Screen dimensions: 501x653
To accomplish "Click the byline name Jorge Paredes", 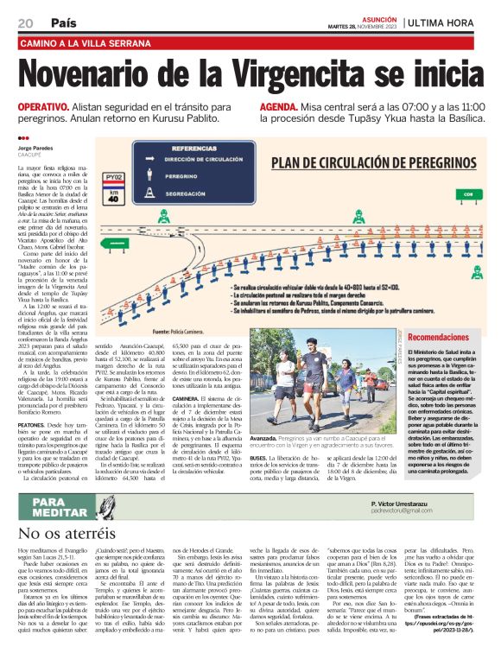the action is point(35,149).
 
